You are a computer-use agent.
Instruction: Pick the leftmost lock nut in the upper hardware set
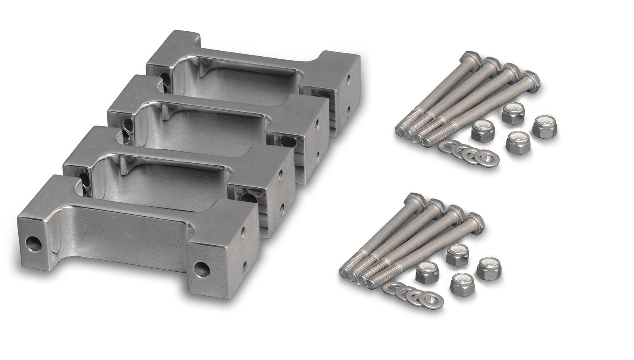pyautogui.click(x=482, y=132)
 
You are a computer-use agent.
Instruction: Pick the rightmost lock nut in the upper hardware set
pyautogui.click(x=544, y=127)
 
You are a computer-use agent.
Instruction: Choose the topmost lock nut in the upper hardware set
pyautogui.click(x=513, y=113)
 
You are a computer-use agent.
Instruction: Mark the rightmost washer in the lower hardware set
pyautogui.click(x=432, y=300)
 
